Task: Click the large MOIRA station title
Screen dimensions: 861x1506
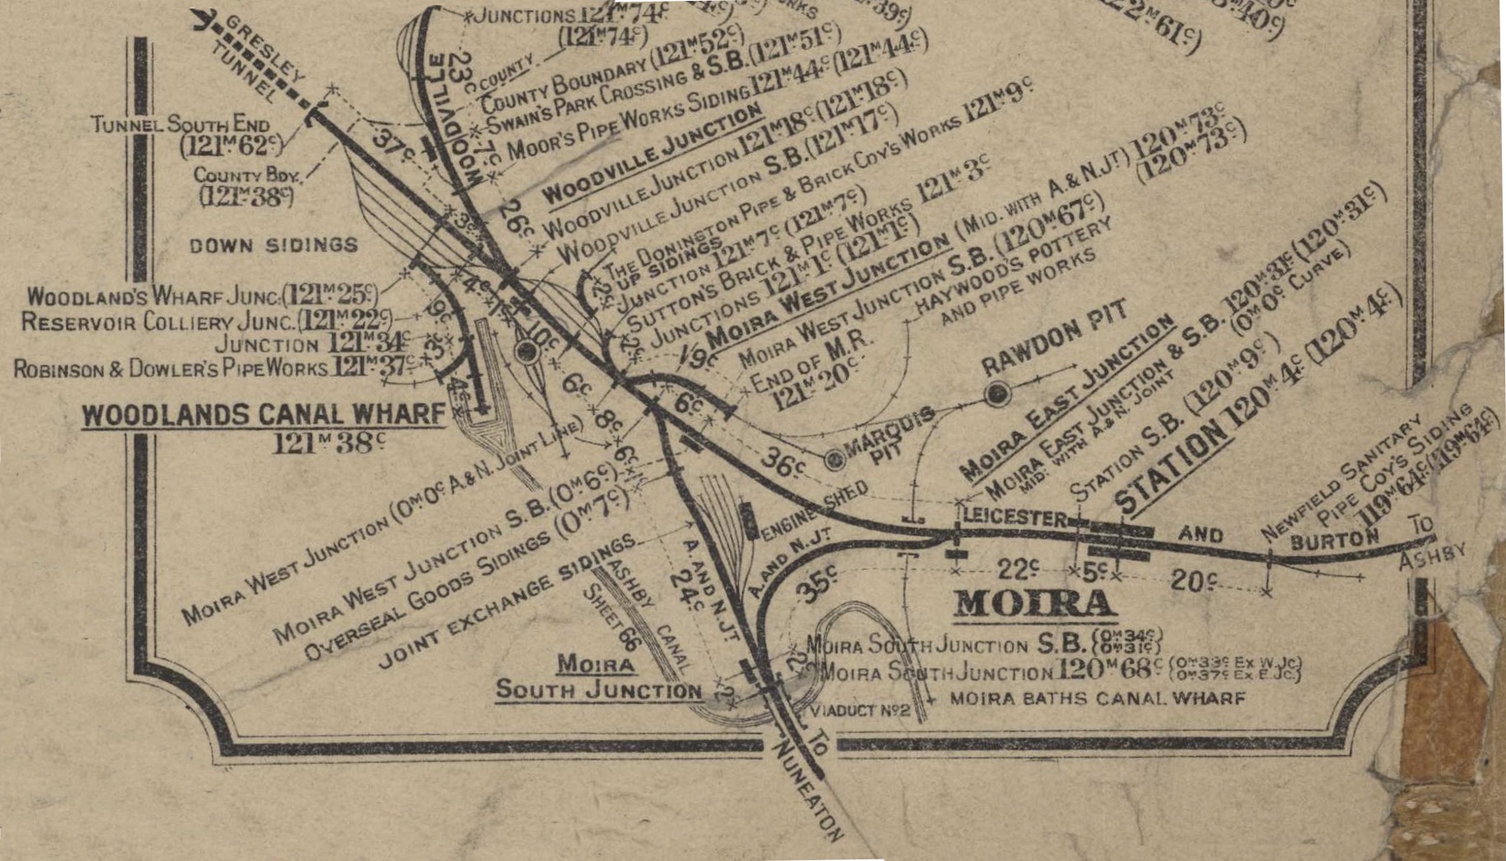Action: (1034, 604)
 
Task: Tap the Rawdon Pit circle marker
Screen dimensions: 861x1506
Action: (997, 394)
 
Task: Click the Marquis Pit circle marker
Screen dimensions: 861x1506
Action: (834, 458)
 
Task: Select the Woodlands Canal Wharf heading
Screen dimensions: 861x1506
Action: (263, 415)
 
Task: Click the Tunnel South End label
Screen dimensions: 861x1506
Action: (180, 125)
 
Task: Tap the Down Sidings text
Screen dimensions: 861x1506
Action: (273, 245)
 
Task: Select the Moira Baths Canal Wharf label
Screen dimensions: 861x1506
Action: (1097, 699)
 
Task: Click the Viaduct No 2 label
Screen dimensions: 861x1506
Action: (860, 710)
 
